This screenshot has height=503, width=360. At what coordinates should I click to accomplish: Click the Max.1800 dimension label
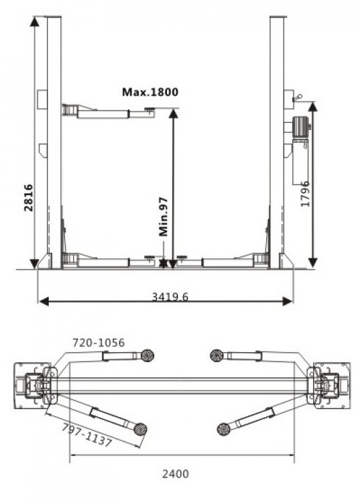pyautogui.click(x=150, y=92)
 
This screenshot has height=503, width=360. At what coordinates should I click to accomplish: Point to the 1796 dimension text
pyautogui.click(x=306, y=193)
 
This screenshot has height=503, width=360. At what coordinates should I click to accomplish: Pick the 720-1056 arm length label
pyautogui.click(x=99, y=343)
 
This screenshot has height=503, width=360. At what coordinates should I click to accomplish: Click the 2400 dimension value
pyautogui.click(x=176, y=473)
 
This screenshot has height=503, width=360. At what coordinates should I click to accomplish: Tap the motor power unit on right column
pyautogui.click(x=300, y=127)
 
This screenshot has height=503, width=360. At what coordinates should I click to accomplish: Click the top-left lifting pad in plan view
pyautogui.click(x=147, y=355)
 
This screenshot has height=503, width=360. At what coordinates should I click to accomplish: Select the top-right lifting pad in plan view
pyautogui.click(x=217, y=355)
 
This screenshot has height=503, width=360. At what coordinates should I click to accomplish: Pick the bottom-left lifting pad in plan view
pyautogui.click(x=140, y=429)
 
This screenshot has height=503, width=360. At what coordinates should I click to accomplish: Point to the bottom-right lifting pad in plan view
pyautogui.click(x=224, y=429)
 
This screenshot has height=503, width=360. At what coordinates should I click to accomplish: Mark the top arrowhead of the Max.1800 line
pyautogui.click(x=173, y=112)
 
